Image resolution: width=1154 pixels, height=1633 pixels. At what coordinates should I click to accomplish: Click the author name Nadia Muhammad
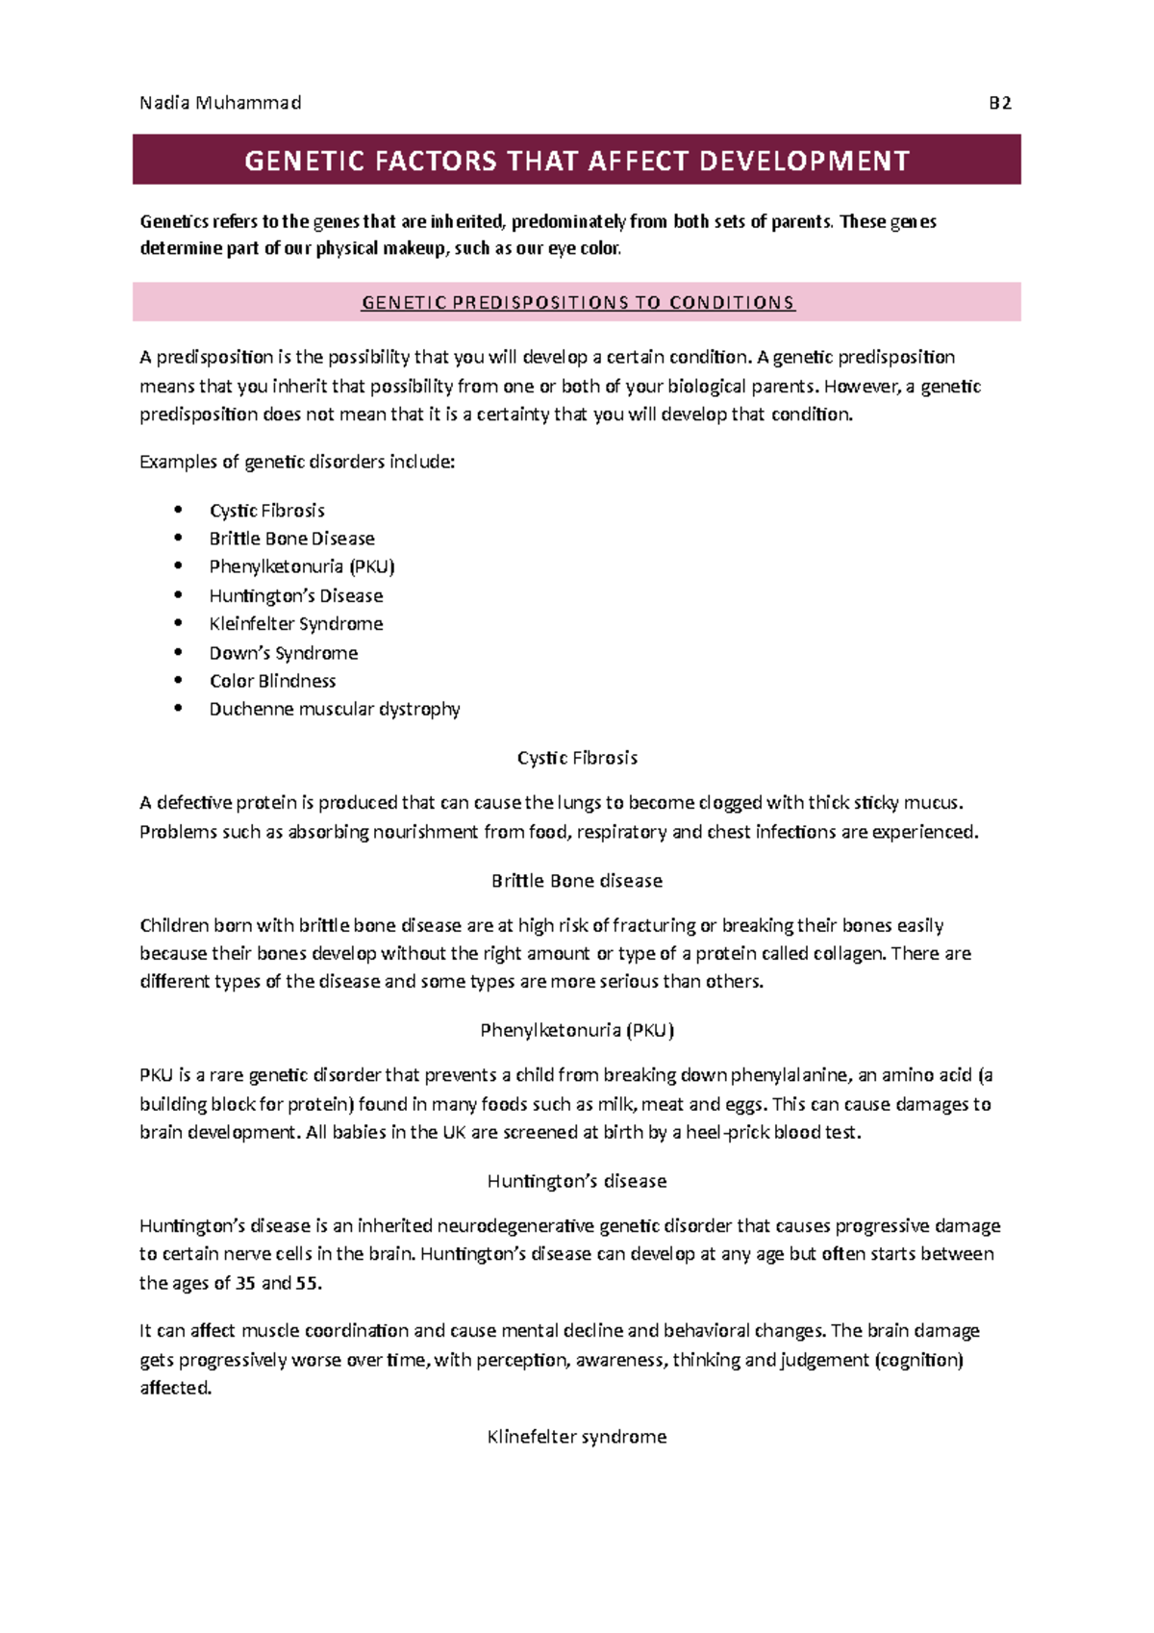[220, 103]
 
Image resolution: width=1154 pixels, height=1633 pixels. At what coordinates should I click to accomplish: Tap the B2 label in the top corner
[1000, 103]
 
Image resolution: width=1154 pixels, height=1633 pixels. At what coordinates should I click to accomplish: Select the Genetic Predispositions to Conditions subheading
[577, 303]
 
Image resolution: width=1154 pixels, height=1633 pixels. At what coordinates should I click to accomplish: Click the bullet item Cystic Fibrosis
[266, 511]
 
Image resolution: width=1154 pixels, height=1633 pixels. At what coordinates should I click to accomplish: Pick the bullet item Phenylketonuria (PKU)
[302, 566]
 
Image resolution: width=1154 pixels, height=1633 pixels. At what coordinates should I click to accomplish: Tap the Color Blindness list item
[272, 681]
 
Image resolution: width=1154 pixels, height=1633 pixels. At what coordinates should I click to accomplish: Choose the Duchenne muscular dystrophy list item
[335, 709]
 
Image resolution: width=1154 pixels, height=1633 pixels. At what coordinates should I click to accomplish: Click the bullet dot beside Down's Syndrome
[178, 652]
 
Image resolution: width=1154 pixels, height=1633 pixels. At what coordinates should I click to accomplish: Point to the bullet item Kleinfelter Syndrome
[296, 624]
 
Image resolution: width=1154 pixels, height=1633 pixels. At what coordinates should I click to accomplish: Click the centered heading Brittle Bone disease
[576, 881]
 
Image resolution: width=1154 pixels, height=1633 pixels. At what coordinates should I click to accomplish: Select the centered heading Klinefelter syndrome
[576, 1437]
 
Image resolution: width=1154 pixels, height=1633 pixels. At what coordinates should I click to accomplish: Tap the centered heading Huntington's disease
[576, 1181]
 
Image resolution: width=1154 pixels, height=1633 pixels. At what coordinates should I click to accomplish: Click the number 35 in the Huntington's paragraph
[245, 1283]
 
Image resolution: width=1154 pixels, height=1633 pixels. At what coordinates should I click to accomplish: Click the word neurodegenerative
[515, 1226]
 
